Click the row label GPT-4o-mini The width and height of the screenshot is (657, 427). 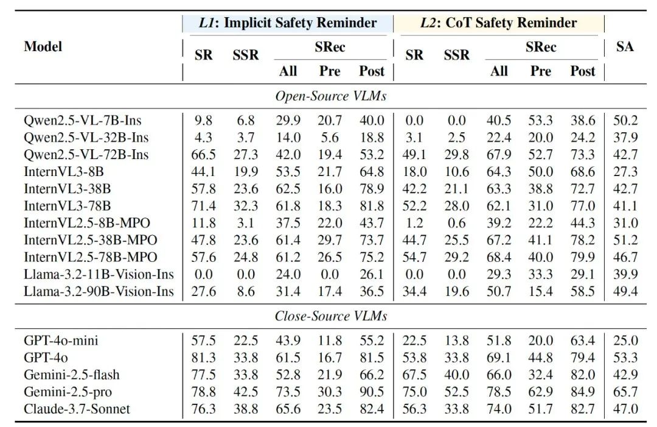pyautogui.click(x=61, y=341)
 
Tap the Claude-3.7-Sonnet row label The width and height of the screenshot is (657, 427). pyautogui.click(x=77, y=409)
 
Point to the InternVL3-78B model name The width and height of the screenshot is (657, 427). pyautogui.click(x=68, y=206)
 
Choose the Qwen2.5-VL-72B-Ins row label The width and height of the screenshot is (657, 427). pyautogui.click(x=86, y=155)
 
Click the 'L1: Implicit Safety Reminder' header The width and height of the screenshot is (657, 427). pyautogui.click(x=288, y=23)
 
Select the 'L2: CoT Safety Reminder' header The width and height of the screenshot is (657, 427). pyautogui.click(x=498, y=23)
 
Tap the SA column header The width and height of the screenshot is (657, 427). pyautogui.click(x=625, y=47)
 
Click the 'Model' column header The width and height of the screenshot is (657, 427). pyautogui.click(x=43, y=46)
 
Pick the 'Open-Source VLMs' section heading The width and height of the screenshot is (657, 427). pyautogui.click(x=331, y=96)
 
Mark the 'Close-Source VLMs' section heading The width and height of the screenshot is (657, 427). pyautogui.click(x=331, y=316)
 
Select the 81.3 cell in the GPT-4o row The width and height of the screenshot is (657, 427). pyautogui.click(x=204, y=358)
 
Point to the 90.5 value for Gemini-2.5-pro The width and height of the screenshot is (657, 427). pyautogui.click(x=371, y=392)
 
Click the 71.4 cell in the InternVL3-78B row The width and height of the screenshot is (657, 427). pyautogui.click(x=204, y=206)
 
